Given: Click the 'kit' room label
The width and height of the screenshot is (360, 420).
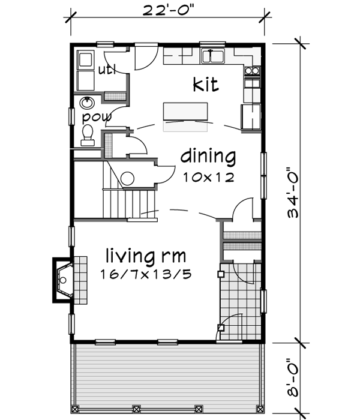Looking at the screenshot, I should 205,85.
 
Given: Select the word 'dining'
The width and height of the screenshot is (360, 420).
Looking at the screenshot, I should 208,157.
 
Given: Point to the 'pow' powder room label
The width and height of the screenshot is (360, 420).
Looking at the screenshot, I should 97,116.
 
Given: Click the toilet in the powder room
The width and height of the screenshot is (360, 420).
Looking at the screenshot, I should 88,135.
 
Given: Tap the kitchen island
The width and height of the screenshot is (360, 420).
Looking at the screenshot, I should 186,112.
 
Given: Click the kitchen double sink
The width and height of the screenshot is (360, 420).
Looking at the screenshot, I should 213,57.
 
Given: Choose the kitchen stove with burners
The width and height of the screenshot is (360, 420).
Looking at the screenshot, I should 252,71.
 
